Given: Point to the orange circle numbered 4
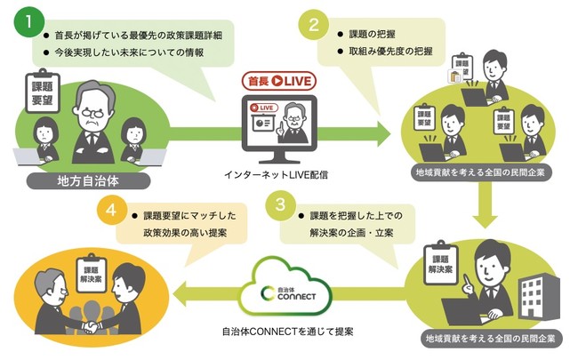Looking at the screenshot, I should pos(111,212).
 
